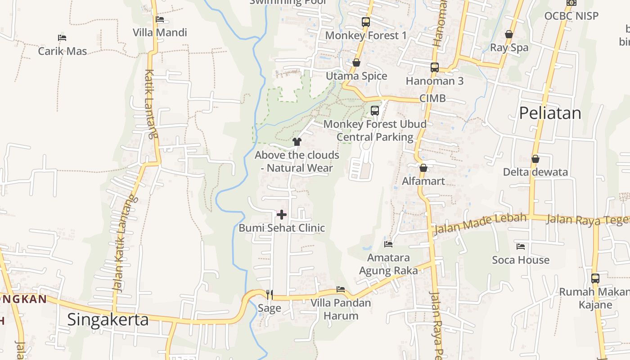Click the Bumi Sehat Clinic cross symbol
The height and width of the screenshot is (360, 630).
tap(282, 214)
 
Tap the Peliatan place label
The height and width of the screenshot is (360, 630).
tap(550, 113)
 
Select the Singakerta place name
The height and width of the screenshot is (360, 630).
tap(108, 319)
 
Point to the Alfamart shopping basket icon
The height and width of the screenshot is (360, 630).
tap(423, 168)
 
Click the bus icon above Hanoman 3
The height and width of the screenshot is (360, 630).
tap(434, 67)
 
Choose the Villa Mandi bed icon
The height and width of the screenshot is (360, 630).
tap(160, 19)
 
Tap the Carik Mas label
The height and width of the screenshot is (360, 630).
tap(63, 51)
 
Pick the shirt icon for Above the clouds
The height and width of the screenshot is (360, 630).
tap(297, 142)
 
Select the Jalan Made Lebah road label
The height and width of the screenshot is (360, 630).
tap(480, 224)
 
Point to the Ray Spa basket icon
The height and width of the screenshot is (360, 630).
tap(509, 34)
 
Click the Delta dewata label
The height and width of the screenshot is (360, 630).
tap(535, 172)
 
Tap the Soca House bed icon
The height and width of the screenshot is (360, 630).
tap(521, 247)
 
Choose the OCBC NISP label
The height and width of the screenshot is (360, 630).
tap(571, 16)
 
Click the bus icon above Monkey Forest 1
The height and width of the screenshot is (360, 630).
tap(366, 22)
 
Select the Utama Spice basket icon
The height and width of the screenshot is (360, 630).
tap(356, 63)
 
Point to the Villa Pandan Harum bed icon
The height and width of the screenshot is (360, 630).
tap(341, 289)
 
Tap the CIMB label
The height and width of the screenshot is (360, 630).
tap(432, 98)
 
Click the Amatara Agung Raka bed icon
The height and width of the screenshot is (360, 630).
tap(388, 244)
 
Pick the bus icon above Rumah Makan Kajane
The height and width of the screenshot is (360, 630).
tap(595, 278)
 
